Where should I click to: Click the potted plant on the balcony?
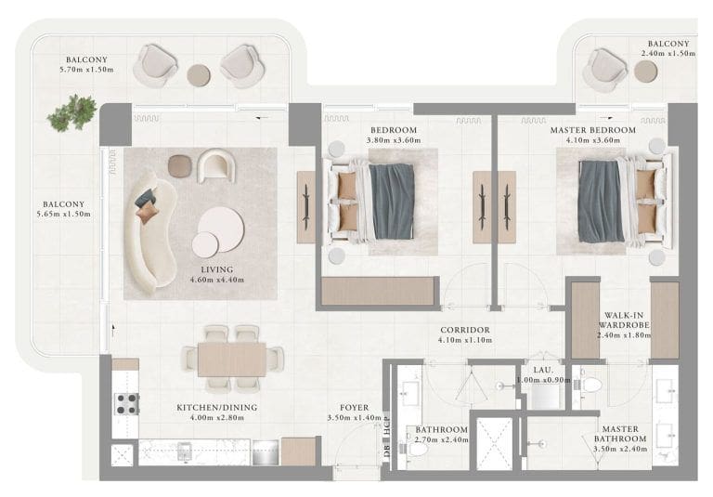(72, 112)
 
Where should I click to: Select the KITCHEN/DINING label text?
(217, 407)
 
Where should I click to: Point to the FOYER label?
(355, 407)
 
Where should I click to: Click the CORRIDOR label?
(465, 330)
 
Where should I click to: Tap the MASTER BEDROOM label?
(593, 130)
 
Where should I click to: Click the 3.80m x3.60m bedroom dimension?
(394, 140)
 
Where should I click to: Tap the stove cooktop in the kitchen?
(125, 403)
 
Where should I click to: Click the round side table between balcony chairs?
(200, 73)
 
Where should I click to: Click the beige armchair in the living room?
(215, 165)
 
